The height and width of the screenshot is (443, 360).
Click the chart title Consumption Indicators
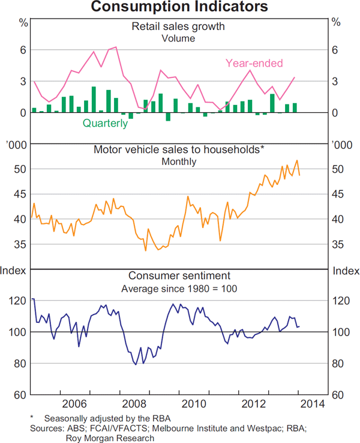(x=179, y=7)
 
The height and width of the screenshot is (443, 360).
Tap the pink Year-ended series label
(x=254, y=63)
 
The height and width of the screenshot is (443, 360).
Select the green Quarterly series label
(x=105, y=124)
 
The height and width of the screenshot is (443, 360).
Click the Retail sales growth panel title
(x=179, y=26)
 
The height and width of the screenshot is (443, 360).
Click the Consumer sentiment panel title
(x=179, y=276)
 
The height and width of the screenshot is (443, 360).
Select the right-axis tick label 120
(x=340, y=301)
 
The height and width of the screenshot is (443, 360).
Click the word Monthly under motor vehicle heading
(x=179, y=161)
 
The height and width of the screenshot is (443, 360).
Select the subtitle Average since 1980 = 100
(x=179, y=289)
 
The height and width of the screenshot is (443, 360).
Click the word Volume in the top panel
(x=179, y=38)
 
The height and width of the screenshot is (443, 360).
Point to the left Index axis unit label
(x=13, y=271)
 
